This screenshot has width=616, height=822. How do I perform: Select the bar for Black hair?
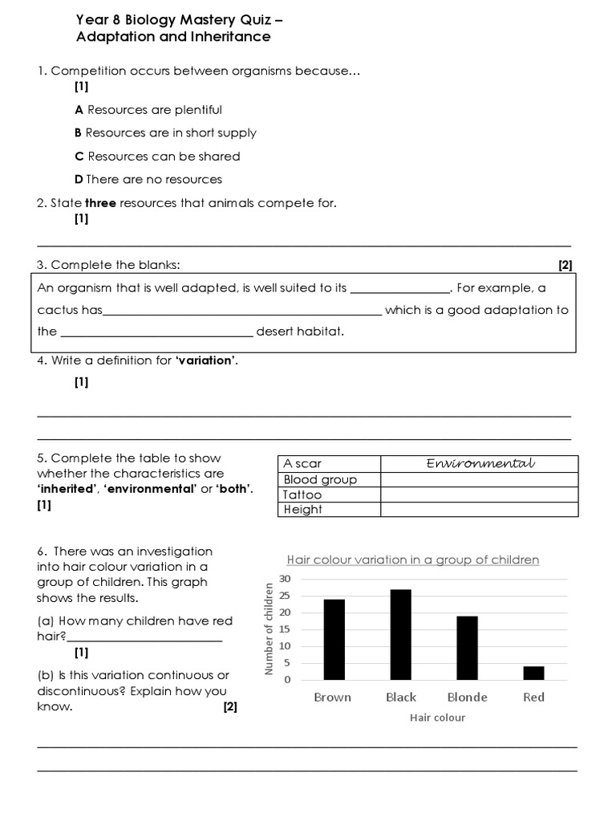tap(400, 634)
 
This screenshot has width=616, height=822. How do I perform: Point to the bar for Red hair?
tap(533, 673)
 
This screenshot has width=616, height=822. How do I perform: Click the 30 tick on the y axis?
tap(285, 579)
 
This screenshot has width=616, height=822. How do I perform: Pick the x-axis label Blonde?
tap(467, 697)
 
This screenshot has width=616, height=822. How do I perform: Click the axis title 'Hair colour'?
tap(437, 718)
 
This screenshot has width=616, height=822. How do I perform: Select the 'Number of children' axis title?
tap(269, 629)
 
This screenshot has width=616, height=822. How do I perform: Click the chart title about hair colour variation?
tap(413, 560)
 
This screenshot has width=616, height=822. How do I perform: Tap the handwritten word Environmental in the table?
tap(480, 464)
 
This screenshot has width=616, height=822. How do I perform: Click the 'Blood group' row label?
tap(320, 479)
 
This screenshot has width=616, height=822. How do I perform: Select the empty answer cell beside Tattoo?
tap(479, 494)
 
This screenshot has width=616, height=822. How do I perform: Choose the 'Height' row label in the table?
tap(302, 509)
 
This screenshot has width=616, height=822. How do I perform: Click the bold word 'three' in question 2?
tap(101, 203)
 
